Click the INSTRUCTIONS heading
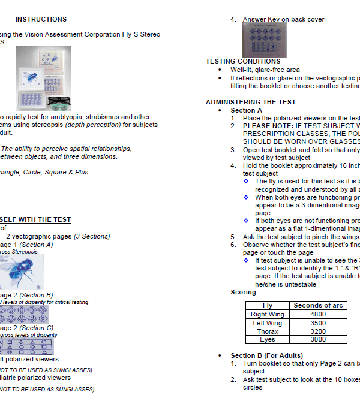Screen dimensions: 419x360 (41, 19)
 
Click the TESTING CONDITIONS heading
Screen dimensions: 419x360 (243, 61)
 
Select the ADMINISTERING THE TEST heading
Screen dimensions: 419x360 (251, 102)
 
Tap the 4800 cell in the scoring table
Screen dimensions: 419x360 (318, 314)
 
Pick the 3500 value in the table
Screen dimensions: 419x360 (318, 323)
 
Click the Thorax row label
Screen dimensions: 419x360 (268, 331)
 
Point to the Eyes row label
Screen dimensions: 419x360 (268, 340)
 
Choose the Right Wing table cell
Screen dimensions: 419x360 (268, 314)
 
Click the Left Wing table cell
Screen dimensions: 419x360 (268, 323)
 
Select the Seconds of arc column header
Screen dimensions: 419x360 (318, 305)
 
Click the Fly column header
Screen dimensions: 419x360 (268, 305)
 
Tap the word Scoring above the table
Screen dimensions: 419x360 (243, 293)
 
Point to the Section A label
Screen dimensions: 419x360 (247, 110)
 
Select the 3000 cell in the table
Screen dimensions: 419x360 (318, 340)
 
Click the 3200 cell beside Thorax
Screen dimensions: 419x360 (318, 331)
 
